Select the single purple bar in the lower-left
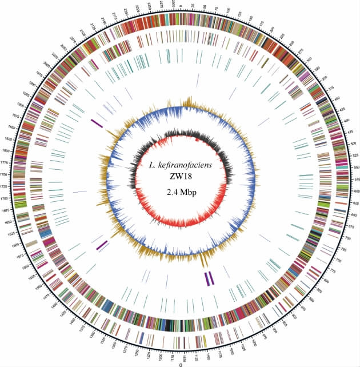point(102,245)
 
